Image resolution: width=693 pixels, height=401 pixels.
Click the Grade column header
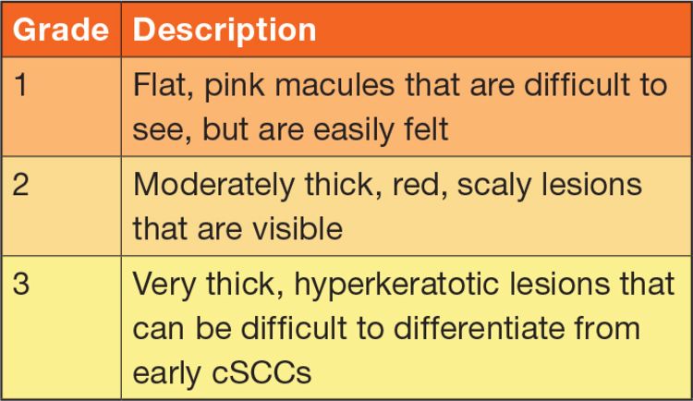coord(61,30)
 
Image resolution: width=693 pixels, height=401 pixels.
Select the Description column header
coord(225,30)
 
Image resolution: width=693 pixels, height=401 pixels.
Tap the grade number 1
coord(20,84)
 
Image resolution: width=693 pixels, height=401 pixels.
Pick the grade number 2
coord(20,184)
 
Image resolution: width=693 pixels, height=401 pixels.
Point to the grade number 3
coord(20,283)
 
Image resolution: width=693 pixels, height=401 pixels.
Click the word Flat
coord(163,85)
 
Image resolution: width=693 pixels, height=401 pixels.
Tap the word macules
coord(334,85)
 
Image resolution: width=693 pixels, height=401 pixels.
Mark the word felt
coord(426,128)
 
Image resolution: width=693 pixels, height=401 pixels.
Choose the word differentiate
coord(478,329)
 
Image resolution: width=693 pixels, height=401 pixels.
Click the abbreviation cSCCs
coord(261,372)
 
